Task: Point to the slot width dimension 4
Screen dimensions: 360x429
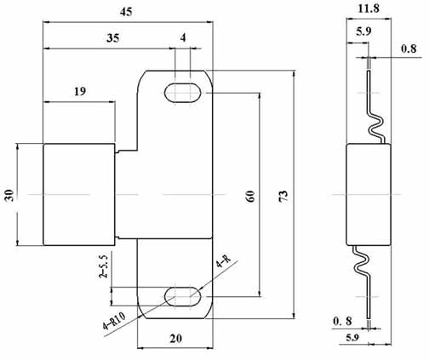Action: (183, 37)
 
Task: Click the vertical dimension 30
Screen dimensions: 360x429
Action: (9, 195)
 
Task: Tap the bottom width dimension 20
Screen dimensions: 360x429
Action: (175, 339)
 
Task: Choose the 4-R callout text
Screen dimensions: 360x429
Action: (223, 266)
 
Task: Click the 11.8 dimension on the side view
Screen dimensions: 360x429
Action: (369, 9)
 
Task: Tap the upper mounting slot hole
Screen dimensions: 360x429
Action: (184, 92)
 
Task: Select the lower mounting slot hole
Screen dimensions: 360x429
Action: (183, 297)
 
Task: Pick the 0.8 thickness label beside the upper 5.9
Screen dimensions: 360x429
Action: (409, 49)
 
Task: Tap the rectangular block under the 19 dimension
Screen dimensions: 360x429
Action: (77, 195)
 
